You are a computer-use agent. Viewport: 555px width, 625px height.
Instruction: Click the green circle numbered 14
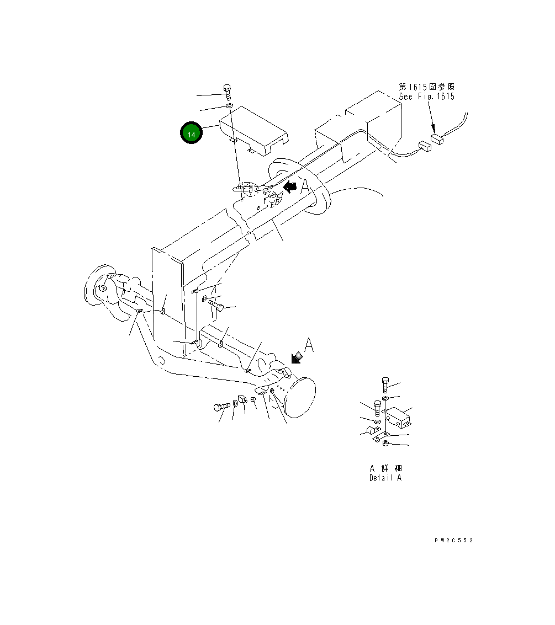click(x=191, y=134)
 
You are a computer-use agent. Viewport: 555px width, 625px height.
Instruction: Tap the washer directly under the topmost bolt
click(x=229, y=106)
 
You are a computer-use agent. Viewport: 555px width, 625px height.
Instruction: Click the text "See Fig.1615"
click(x=427, y=97)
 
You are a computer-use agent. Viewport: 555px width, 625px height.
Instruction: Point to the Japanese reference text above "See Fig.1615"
click(x=427, y=87)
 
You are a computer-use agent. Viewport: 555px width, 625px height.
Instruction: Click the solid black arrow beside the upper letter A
click(x=289, y=188)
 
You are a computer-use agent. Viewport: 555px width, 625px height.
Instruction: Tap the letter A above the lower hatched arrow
click(x=309, y=346)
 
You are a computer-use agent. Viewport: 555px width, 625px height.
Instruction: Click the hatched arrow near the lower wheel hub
click(x=297, y=359)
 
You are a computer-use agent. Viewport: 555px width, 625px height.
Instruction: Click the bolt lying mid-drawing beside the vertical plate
click(x=216, y=307)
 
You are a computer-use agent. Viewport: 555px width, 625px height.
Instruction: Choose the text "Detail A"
click(x=385, y=478)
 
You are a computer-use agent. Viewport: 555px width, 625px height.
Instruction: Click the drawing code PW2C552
click(x=453, y=541)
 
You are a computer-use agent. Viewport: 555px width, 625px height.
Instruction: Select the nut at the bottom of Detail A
click(x=387, y=444)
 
